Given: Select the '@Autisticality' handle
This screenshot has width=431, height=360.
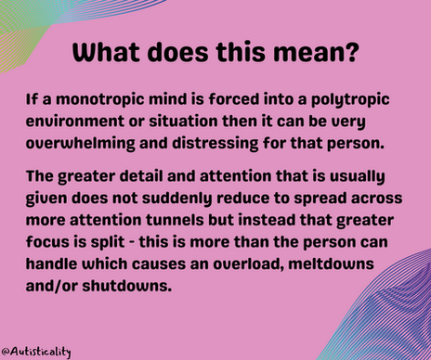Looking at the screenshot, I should point(37,352).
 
